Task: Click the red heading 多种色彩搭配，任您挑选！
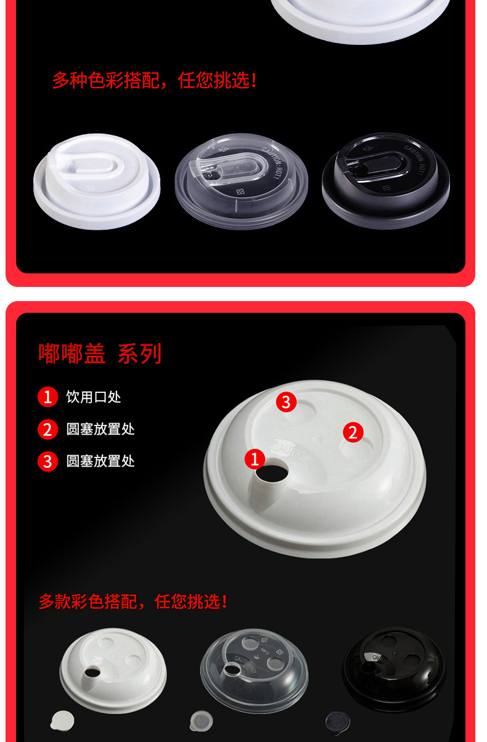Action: [x=154, y=80]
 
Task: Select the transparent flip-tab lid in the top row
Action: [x=241, y=180]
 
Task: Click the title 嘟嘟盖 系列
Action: [x=100, y=354]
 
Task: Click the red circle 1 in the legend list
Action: [x=47, y=397]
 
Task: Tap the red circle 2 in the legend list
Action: [x=47, y=429]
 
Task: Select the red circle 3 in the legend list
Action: [x=47, y=461]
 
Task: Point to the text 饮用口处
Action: [x=94, y=397]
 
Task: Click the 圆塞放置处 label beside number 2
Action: [x=100, y=429]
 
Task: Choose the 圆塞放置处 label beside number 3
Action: [x=100, y=461]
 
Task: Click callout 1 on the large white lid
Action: [x=255, y=458]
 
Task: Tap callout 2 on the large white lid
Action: [x=353, y=432]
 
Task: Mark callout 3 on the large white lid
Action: [x=285, y=402]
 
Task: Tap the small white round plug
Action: [x=62, y=719]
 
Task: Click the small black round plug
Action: [x=337, y=719]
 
